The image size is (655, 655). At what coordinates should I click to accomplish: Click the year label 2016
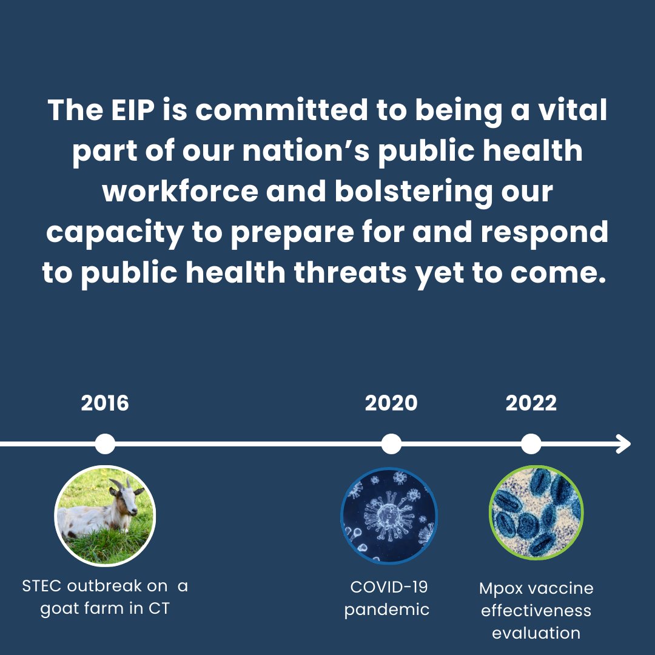click(x=105, y=403)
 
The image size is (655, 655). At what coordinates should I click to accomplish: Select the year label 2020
click(x=391, y=403)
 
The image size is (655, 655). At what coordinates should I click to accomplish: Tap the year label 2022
click(x=531, y=403)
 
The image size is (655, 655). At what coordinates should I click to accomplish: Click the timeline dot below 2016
click(x=105, y=444)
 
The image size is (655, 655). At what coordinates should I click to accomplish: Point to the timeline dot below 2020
click(x=392, y=444)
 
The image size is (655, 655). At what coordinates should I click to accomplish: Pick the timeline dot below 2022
click(x=531, y=444)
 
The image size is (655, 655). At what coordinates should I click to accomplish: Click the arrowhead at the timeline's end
click(x=625, y=444)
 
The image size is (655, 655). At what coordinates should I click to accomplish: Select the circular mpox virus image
click(x=536, y=513)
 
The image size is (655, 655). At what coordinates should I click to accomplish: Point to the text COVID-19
click(x=389, y=586)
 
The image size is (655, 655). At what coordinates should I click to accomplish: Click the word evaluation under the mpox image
click(x=536, y=633)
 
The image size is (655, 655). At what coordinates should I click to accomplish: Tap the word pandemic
click(x=387, y=610)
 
